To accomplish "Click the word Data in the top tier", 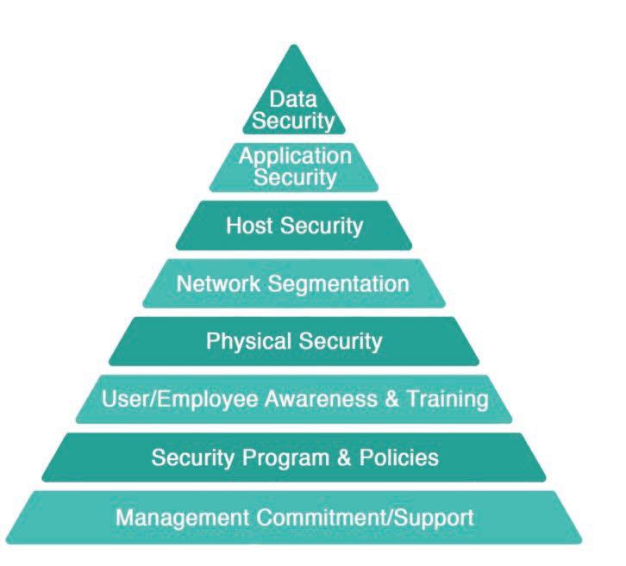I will pos(294,101).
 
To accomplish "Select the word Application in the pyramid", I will pos(295,158).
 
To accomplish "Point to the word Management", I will pos(180,519).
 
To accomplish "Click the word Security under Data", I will pos(294,121).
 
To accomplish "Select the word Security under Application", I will pos(295,178).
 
